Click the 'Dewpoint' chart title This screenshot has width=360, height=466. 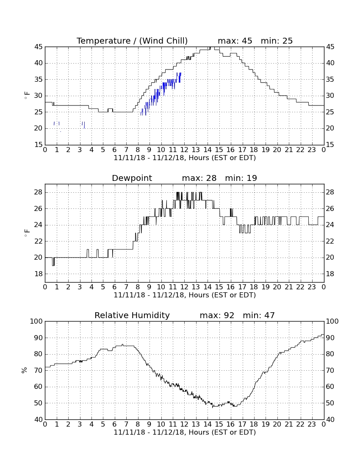(x=132, y=178)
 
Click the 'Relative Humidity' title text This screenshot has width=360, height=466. (x=132, y=315)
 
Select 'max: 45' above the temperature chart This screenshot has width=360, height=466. (x=235, y=41)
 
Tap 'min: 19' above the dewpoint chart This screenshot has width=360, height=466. (x=241, y=178)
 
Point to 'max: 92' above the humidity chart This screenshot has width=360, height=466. (x=217, y=315)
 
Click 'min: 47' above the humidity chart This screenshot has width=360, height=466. (x=259, y=315)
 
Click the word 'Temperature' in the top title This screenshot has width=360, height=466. (x=104, y=41)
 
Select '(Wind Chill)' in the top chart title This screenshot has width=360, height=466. (x=163, y=41)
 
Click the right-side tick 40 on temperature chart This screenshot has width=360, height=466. (x=330, y=63)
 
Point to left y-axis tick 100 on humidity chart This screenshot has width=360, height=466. (x=37, y=321)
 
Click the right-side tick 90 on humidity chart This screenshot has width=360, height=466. (x=330, y=338)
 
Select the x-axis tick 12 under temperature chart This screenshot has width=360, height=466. (x=184, y=150)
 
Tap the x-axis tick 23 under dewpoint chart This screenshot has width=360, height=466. (x=312, y=287)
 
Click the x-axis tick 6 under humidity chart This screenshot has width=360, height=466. (x=115, y=424)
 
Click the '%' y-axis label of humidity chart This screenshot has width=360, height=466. (x=25, y=370)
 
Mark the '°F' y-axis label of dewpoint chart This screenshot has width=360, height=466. (x=27, y=233)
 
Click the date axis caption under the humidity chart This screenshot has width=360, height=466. (x=185, y=432)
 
